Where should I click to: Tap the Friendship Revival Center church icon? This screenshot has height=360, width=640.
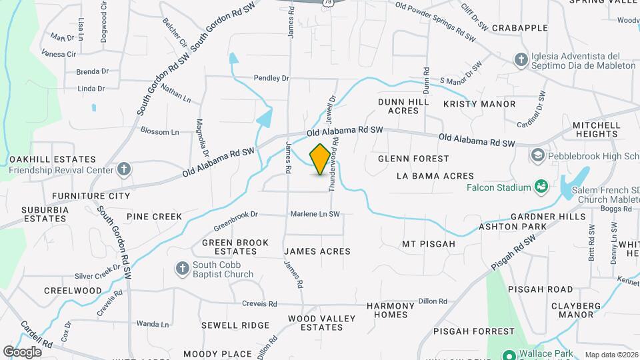click(x=123, y=169)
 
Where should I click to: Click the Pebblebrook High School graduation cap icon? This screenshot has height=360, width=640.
click(x=538, y=155)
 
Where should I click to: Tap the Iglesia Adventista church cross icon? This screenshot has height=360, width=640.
click(x=521, y=61)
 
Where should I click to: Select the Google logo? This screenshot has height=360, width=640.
click(x=22, y=351)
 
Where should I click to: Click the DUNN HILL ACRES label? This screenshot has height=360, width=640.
click(x=403, y=106)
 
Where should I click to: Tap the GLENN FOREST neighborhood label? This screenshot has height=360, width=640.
click(x=413, y=159)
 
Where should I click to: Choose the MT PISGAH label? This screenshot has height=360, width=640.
click(x=428, y=244)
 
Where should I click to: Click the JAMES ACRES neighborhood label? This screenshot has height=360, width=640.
click(x=317, y=251)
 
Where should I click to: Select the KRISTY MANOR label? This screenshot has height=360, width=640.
click(x=479, y=104)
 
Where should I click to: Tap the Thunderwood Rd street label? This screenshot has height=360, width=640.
click(x=337, y=165)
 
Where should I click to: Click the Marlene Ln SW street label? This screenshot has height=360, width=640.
click(x=315, y=214)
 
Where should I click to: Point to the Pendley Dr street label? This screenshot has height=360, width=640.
click(x=271, y=78)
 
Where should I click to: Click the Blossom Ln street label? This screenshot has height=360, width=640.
click(x=159, y=132)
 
